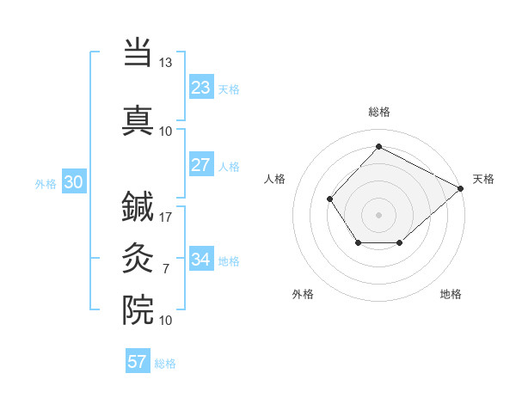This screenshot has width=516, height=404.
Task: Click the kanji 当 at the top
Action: click(x=138, y=54)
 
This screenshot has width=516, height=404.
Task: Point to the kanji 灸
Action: click(x=138, y=259)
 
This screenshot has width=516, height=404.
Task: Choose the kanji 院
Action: click(x=138, y=309)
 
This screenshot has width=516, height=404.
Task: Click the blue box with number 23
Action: click(x=200, y=88)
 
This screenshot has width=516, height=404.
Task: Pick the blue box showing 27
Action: click(x=200, y=165)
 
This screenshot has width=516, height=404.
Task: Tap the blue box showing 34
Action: click(x=200, y=260)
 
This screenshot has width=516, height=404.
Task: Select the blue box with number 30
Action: click(x=73, y=182)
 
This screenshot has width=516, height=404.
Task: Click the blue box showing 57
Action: click(x=138, y=362)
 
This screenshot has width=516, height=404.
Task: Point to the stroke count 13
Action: click(x=165, y=63)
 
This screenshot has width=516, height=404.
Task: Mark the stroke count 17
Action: click(x=166, y=217)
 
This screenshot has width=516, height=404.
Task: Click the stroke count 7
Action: click(x=165, y=269)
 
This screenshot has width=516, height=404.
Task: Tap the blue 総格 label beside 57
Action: click(x=165, y=364)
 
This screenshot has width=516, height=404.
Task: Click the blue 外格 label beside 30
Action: click(x=45, y=183)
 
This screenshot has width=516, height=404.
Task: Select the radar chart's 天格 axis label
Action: click(x=483, y=179)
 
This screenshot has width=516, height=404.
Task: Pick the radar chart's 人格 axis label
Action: click(x=275, y=179)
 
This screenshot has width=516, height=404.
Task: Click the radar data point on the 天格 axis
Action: click(x=462, y=188)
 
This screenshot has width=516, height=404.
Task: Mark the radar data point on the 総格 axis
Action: click(x=378, y=147)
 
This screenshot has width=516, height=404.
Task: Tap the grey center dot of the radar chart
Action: click(x=378, y=214)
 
